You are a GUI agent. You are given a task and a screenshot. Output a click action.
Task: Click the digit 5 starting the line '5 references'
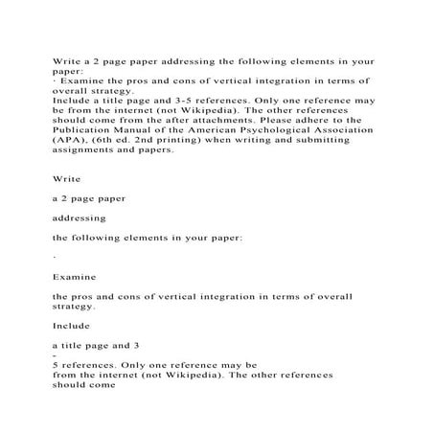click(x=56, y=364)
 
